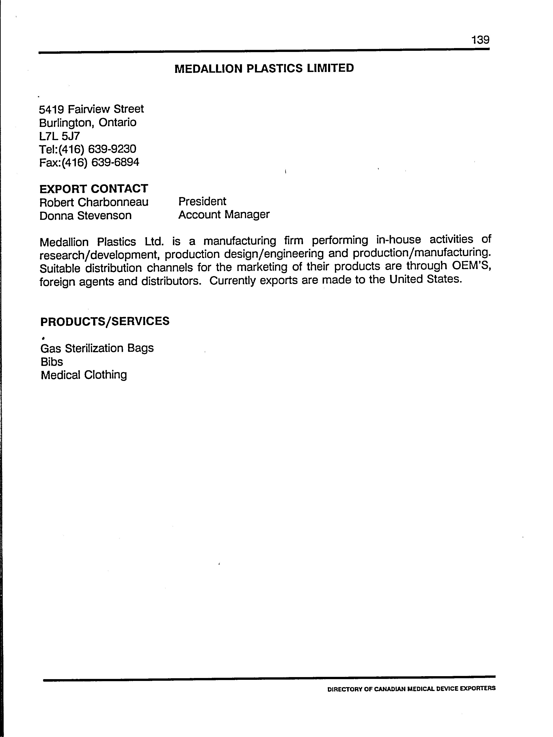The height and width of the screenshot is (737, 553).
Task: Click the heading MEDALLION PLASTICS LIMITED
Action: coord(264,68)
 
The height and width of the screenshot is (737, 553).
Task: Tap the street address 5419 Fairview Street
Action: coord(91,109)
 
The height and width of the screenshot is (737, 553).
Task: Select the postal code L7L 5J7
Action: coord(59,136)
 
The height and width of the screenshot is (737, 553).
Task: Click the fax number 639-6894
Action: coord(115,162)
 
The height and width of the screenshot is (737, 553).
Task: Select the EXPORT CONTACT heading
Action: coord(94,189)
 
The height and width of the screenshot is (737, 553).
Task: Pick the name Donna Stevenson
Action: coord(85,216)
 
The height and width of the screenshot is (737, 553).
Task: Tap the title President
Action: coord(202,201)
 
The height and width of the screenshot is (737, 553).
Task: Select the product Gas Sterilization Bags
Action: coord(97,348)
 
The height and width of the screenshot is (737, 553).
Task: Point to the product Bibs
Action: coord(52,362)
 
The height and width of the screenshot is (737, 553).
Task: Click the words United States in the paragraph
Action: coord(425,279)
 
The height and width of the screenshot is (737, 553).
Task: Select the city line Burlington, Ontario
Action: coord(88,123)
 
